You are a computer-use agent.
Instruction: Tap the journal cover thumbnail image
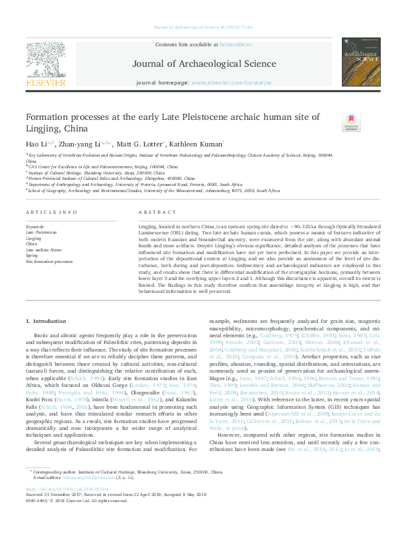coord(361,61)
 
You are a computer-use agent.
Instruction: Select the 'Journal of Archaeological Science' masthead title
coord(203,65)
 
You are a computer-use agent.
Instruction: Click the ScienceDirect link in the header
coord(235,44)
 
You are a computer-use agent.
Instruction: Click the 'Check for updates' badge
coord(351,123)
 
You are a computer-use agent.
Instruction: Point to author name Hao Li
coord(35,144)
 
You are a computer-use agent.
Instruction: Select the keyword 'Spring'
coord(31,256)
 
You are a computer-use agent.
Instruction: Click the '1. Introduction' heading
coord(46,320)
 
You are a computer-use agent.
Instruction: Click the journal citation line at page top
coord(203,27)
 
